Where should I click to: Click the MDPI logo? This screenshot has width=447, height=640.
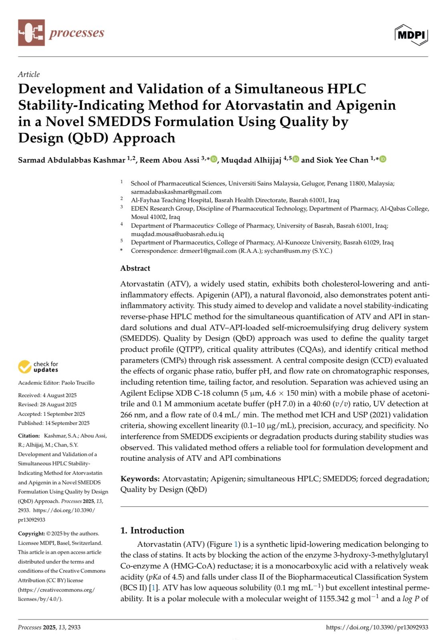411,35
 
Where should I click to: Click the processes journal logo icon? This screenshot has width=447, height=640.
31,33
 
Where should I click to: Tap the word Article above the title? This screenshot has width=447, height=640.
29,74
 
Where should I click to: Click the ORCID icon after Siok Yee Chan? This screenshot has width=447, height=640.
383,159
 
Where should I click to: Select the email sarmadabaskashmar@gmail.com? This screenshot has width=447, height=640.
176,192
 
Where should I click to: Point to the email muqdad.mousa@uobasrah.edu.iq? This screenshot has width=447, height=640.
177,234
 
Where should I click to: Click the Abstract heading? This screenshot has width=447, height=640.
135,268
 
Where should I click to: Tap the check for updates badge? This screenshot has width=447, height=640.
38,367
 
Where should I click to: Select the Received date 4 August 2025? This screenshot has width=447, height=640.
60,395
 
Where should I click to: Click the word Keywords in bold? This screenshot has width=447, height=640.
140,479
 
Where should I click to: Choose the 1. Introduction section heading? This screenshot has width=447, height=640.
152,530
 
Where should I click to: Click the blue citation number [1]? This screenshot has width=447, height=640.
153,588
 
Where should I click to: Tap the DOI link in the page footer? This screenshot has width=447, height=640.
377,627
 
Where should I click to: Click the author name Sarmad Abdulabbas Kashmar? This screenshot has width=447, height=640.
71,160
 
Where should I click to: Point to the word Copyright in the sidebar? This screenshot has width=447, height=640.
31,534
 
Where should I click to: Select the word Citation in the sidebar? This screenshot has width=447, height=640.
29,436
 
